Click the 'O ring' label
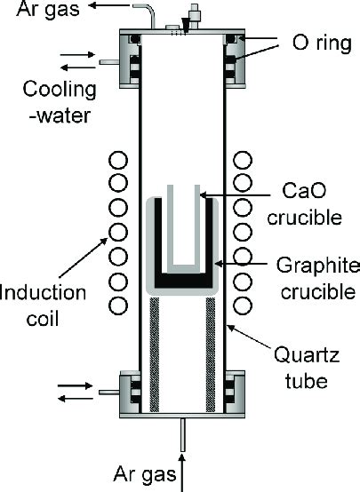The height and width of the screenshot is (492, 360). click(322, 43)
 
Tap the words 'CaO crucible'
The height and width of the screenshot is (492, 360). click(304, 204)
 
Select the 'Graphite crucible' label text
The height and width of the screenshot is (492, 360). click(318, 279)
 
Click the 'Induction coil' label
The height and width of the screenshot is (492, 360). click(43, 306)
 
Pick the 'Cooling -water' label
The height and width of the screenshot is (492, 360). click(60, 102)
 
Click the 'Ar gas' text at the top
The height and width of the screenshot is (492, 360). click(48, 9)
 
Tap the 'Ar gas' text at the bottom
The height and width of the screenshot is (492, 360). click(145, 473)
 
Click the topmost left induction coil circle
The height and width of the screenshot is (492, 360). click(118, 161)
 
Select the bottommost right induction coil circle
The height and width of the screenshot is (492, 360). click(242, 306)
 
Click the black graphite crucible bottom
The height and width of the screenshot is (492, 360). click(183, 281)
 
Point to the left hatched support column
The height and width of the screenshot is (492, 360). click(155, 354)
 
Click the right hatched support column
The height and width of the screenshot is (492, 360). click(211, 354)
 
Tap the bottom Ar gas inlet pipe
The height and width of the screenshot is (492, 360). click(183, 435)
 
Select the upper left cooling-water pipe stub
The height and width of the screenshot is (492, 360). click(109, 62)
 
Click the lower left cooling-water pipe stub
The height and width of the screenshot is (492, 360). click(109, 393)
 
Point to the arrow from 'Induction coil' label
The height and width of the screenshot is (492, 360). click(84, 258)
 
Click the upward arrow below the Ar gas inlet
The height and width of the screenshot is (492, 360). click(182, 473)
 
